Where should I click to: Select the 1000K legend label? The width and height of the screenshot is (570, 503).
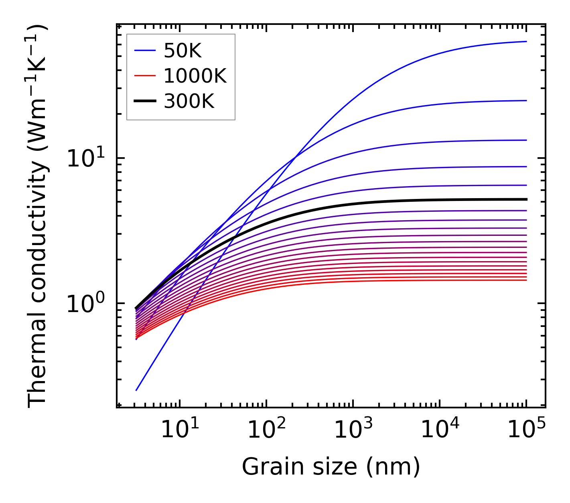(195, 76)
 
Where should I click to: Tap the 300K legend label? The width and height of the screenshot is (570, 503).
(189, 101)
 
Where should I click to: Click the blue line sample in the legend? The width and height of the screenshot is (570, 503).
(144, 51)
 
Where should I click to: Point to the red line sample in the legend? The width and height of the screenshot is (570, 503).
(144, 76)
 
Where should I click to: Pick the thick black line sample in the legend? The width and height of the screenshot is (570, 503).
(144, 101)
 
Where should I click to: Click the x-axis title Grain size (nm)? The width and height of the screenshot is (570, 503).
(331, 467)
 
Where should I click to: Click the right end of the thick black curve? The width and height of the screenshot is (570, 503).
(526, 199)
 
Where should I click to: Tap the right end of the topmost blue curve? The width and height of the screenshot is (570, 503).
(526, 41)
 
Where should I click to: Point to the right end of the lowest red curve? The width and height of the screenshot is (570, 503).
(526, 280)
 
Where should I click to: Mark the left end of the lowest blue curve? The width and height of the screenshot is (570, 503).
(137, 390)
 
